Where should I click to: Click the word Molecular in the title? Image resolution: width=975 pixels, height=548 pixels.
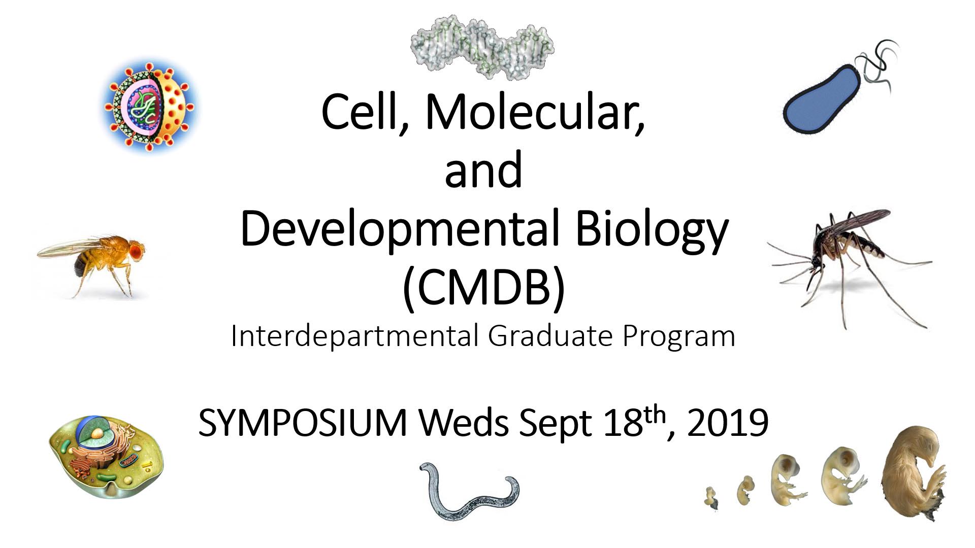pos(535,112)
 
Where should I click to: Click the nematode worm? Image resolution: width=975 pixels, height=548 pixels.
pos(469,495)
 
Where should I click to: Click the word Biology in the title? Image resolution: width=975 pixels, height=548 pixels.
pos(652,230)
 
